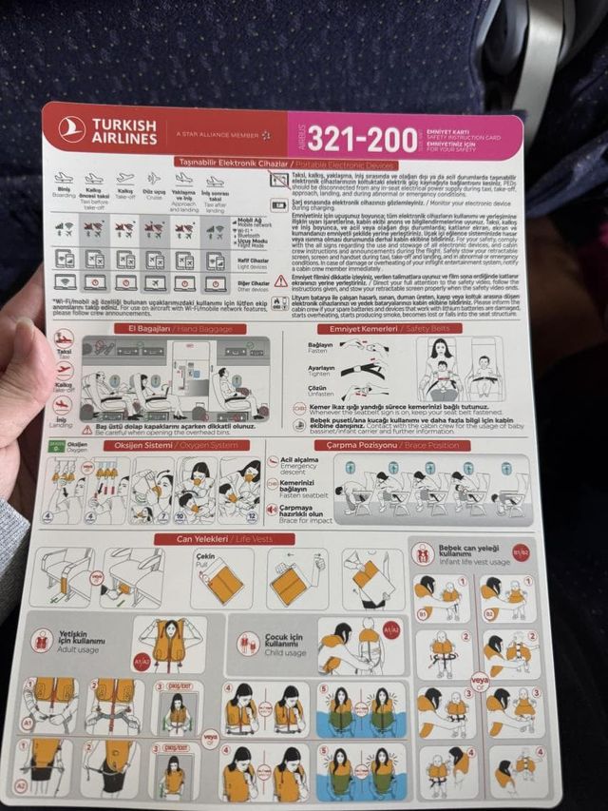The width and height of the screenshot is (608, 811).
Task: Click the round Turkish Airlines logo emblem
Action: point(72,128)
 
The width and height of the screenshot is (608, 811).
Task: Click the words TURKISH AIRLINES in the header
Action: point(124,130)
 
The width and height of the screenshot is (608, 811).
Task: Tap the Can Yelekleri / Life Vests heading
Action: point(225,539)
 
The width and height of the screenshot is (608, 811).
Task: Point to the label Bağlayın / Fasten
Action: point(320,349)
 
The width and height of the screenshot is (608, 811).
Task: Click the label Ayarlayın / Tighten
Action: point(320,370)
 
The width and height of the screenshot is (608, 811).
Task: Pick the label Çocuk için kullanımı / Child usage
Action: point(285,646)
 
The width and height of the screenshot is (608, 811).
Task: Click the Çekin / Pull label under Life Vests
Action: point(205,557)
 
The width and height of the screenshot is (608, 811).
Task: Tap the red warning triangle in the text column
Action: point(280,280)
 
